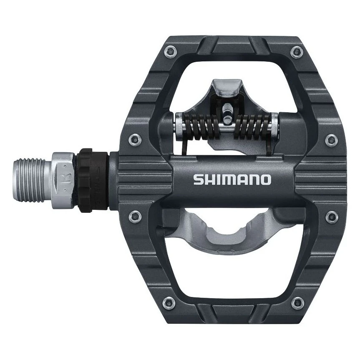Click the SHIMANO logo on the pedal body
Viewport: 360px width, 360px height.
232,180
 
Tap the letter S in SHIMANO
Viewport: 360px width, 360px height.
198,180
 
